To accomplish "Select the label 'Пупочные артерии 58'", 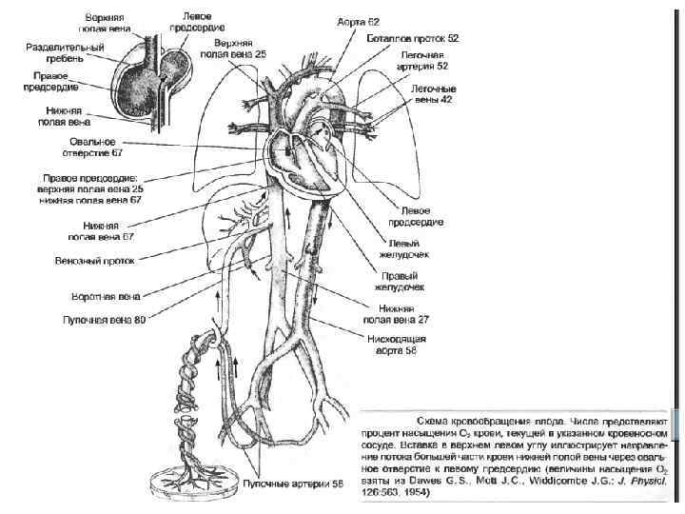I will [x=296, y=484].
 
